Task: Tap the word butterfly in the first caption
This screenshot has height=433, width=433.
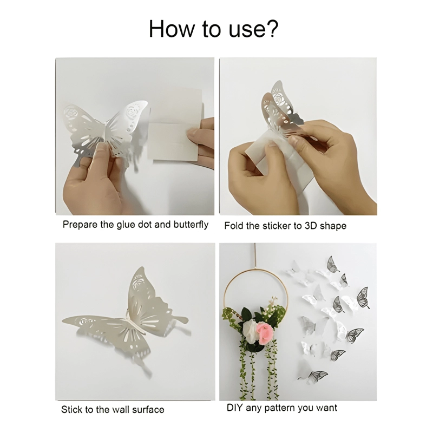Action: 191,225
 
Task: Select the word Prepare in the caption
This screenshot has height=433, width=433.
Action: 80,225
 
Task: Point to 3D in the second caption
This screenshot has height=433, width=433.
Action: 311,226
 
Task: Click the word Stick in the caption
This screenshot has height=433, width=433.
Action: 72,409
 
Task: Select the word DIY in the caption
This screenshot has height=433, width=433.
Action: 235,408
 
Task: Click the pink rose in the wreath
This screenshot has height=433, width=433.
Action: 265,331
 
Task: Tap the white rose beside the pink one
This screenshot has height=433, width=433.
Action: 250,331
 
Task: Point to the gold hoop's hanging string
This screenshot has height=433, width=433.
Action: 254,255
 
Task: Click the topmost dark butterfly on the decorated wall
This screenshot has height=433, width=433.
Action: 332,265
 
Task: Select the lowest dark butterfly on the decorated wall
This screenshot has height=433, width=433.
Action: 318,376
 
